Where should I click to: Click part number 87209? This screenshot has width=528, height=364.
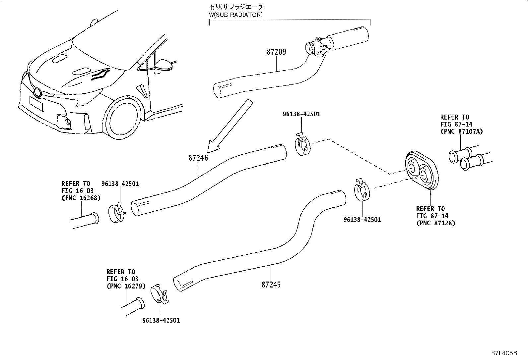coord(276,52)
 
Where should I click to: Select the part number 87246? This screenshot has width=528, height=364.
coord(198,158)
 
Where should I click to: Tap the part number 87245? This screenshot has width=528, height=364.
coord(271,285)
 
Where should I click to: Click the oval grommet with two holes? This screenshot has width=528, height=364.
coord(422,171)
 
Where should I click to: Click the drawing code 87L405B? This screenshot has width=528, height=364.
coord(504,353)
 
